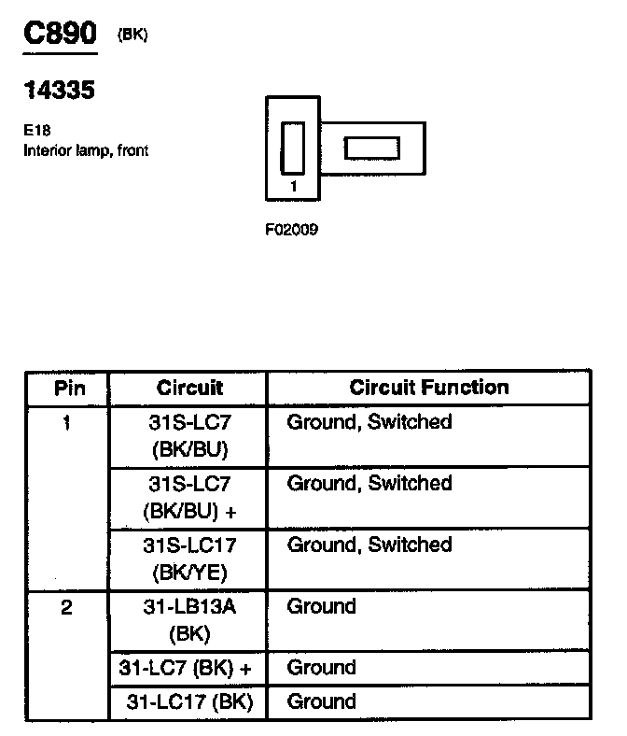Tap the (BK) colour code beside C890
pyautogui.click(x=132, y=35)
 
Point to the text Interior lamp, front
pyautogui.click(x=86, y=150)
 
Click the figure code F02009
pyautogui.click(x=292, y=228)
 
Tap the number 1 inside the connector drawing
pyautogui.click(x=294, y=186)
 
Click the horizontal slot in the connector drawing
pyautogui.click(x=372, y=148)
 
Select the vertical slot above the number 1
pyautogui.click(x=293, y=147)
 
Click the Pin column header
pyautogui.click(x=67, y=388)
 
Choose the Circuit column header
pyautogui.click(x=189, y=388)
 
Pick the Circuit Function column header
pyautogui.click(x=429, y=388)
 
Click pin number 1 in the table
pyautogui.click(x=67, y=422)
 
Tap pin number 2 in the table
pyautogui.click(x=67, y=607)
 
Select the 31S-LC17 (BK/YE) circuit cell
pyautogui.click(x=188, y=559)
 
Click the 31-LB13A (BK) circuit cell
pyautogui.click(x=188, y=620)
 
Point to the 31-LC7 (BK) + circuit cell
pyautogui.click(x=188, y=668)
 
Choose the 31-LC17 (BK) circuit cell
pyautogui.click(x=189, y=701)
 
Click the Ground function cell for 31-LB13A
pyautogui.click(x=322, y=607)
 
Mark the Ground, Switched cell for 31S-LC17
pyautogui.click(x=369, y=545)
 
